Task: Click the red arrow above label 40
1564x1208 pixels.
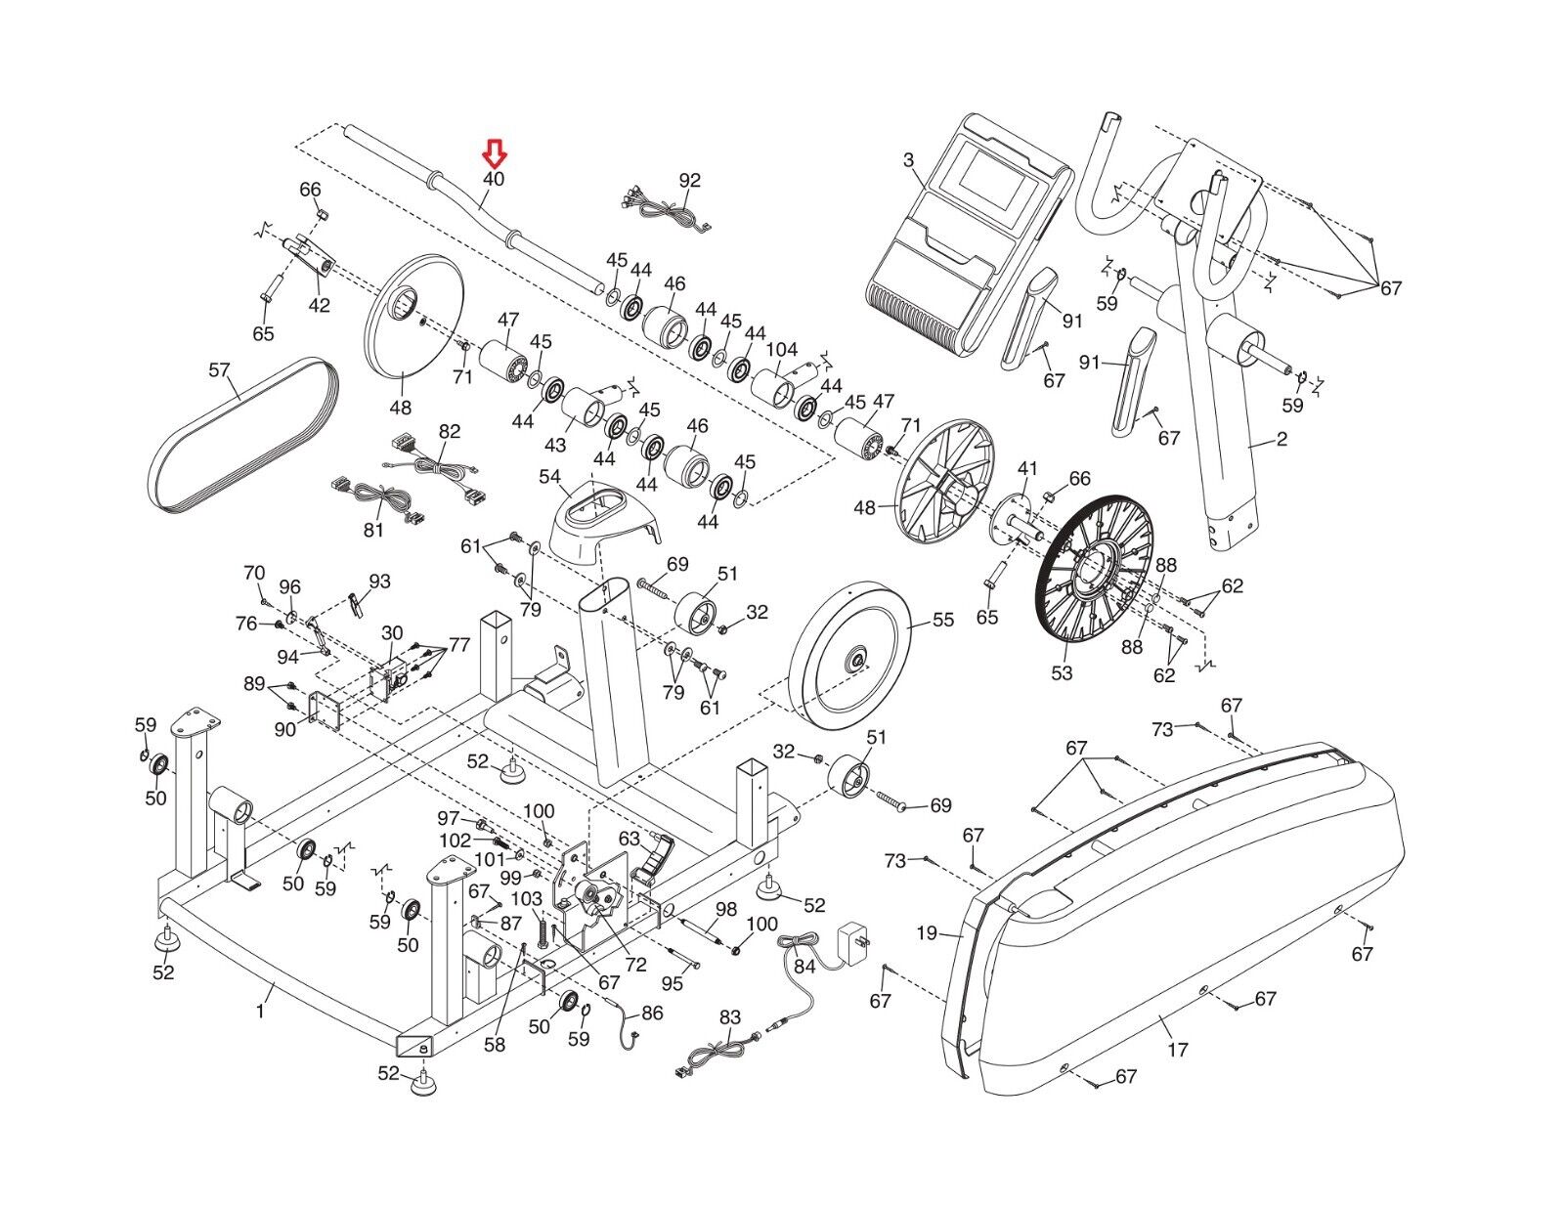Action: (x=495, y=153)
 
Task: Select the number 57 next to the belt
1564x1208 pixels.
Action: (x=219, y=370)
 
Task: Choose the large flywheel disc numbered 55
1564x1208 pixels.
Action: (x=849, y=661)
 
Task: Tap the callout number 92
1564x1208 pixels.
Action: (x=690, y=181)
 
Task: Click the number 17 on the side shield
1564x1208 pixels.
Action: (x=1178, y=1050)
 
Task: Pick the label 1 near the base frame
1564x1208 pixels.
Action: (x=260, y=1012)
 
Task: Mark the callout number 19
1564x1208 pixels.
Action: (x=927, y=933)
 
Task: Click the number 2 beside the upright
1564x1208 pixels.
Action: (x=1282, y=440)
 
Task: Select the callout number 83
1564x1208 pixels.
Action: (x=729, y=1017)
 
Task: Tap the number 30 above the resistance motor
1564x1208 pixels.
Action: (x=392, y=634)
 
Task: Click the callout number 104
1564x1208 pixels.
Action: (x=782, y=350)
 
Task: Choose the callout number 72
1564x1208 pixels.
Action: (x=636, y=965)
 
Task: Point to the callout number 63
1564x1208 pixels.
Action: (x=629, y=839)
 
